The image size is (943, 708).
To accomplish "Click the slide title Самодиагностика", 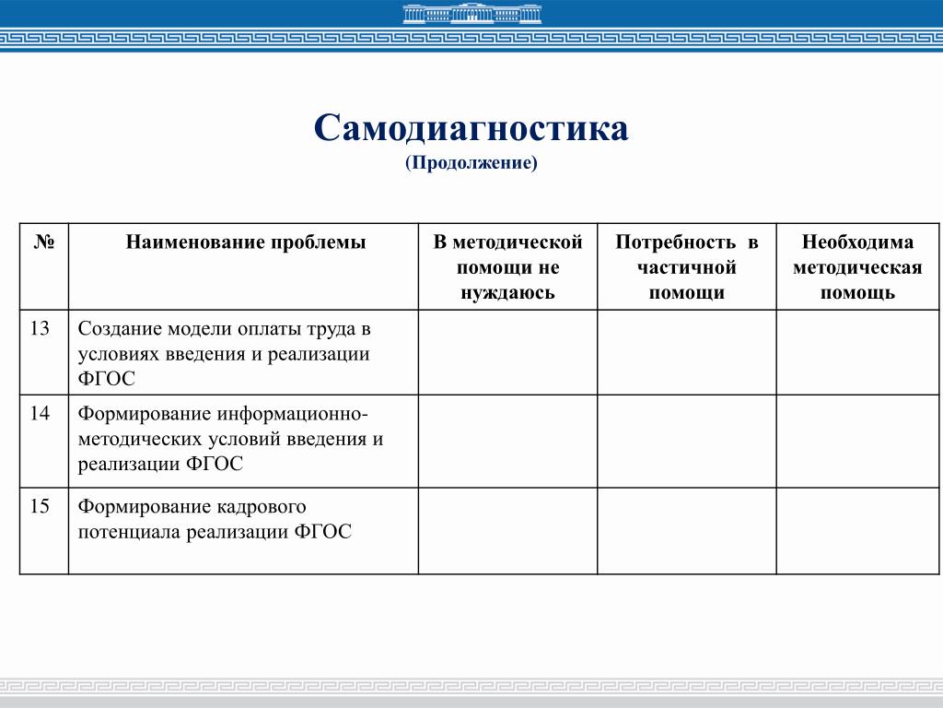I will (471, 128).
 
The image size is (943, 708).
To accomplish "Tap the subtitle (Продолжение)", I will (471, 163).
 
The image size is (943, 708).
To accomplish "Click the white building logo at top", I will (471, 13).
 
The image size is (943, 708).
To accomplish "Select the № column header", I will (44, 243).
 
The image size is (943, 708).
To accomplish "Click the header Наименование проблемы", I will (246, 243).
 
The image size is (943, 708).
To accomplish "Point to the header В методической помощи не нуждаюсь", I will (507, 267).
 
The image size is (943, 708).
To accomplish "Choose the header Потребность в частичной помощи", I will (686, 267).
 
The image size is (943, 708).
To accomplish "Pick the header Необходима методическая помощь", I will (857, 267).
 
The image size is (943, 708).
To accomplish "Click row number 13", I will (40, 329).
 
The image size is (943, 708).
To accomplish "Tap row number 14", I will (40, 414).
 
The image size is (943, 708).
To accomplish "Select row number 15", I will (40, 507).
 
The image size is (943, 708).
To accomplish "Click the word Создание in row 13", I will (120, 329).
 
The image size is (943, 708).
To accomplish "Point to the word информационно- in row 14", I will (294, 414).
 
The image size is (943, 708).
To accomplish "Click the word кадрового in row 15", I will (261, 507).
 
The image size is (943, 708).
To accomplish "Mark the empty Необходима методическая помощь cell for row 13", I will (857, 352).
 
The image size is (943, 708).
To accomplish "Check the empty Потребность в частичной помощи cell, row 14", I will (686, 441).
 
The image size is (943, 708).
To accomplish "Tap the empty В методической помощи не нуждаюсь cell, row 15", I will (507, 530).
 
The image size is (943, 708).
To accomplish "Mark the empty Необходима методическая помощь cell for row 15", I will (857, 530).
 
